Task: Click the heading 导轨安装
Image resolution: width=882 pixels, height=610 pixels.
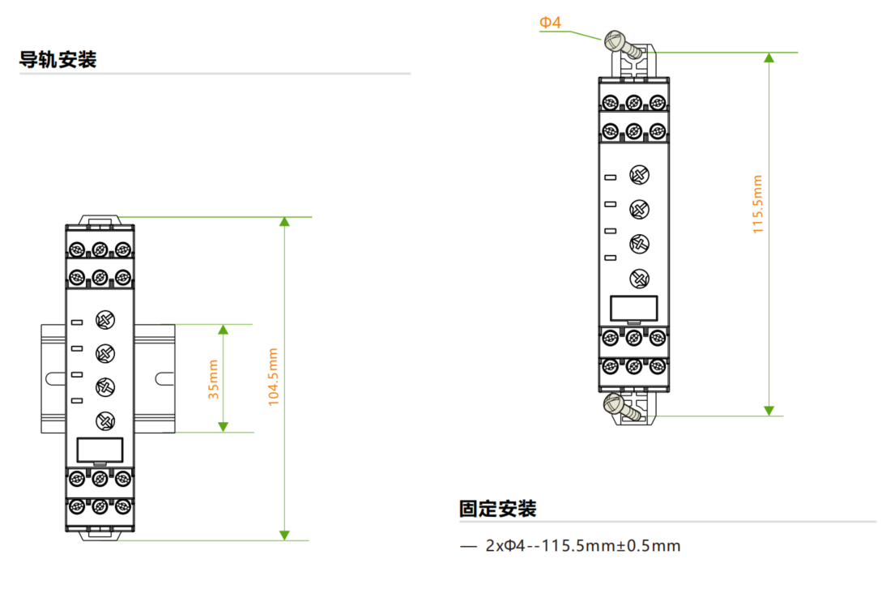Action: tap(58, 60)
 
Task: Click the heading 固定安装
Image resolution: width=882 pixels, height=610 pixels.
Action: tap(497, 510)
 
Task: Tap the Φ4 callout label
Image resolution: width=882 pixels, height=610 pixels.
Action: tap(551, 23)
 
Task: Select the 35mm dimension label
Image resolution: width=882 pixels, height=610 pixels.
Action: tap(213, 379)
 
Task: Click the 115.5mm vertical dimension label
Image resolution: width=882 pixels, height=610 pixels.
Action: tap(758, 204)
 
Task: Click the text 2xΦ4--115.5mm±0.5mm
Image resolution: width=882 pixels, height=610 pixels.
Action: tap(582, 546)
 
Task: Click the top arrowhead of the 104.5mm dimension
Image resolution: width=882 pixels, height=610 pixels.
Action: tap(284, 222)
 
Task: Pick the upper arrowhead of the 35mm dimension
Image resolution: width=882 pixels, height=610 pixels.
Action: tap(224, 329)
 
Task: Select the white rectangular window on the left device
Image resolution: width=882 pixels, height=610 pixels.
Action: tap(100, 450)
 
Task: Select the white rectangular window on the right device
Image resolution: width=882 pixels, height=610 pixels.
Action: tap(633, 308)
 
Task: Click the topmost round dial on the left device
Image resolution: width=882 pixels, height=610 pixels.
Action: tap(104, 319)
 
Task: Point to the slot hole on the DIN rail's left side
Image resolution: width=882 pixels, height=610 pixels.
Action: tap(53, 378)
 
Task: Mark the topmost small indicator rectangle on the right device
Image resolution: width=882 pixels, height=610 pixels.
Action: tap(611, 177)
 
